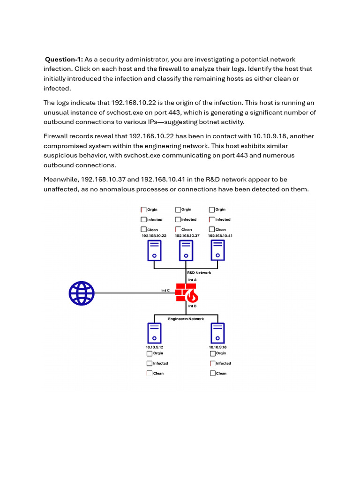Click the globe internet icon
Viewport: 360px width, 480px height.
click(82, 293)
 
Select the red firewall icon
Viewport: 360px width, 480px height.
click(187, 293)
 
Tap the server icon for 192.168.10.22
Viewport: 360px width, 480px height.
click(154, 251)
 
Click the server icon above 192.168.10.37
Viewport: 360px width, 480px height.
click(186, 251)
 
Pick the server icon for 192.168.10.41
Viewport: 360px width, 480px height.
click(217, 251)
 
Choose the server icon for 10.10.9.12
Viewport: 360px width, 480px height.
click(154, 333)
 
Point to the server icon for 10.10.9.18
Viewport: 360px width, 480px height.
click(217, 333)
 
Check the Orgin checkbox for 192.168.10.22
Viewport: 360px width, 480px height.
click(143, 210)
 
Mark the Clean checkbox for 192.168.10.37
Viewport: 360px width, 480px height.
click(178, 230)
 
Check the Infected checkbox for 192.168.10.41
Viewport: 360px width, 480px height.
click(212, 219)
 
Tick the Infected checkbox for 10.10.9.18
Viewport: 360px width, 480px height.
click(213, 363)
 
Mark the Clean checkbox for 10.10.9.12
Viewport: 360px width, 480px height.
click(150, 374)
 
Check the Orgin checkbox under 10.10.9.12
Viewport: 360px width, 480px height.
click(150, 353)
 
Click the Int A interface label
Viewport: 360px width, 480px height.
click(192, 280)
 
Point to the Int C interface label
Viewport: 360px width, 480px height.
click(165, 291)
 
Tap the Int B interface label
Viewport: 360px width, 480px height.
click(192, 306)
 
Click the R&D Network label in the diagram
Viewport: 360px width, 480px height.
click(199, 272)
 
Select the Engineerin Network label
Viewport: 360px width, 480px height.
click(186, 319)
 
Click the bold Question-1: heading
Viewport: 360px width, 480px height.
click(64, 59)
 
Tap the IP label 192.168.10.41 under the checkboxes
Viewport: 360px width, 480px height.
click(220, 236)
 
